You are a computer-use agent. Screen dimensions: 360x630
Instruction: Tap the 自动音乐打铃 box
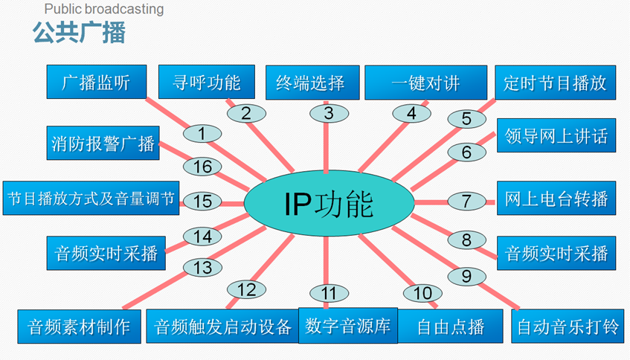pyautogui.click(x=566, y=326)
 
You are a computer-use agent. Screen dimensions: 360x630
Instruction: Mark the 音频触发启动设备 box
pyautogui.click(x=222, y=326)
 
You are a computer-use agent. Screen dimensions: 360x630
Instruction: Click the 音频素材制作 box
pyautogui.click(x=79, y=326)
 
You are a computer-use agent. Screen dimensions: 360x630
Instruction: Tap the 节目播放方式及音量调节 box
pyautogui.click(x=91, y=199)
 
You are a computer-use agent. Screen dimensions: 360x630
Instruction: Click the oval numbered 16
pyautogui.click(x=203, y=167)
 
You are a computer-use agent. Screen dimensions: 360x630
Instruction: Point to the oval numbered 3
pyautogui.click(x=328, y=114)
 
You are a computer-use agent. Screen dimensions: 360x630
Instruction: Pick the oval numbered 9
pyautogui.click(x=466, y=277)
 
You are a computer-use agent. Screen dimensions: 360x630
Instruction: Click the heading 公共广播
pyautogui.click(x=79, y=33)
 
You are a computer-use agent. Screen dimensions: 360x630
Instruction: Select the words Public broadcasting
pyautogui.click(x=104, y=10)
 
